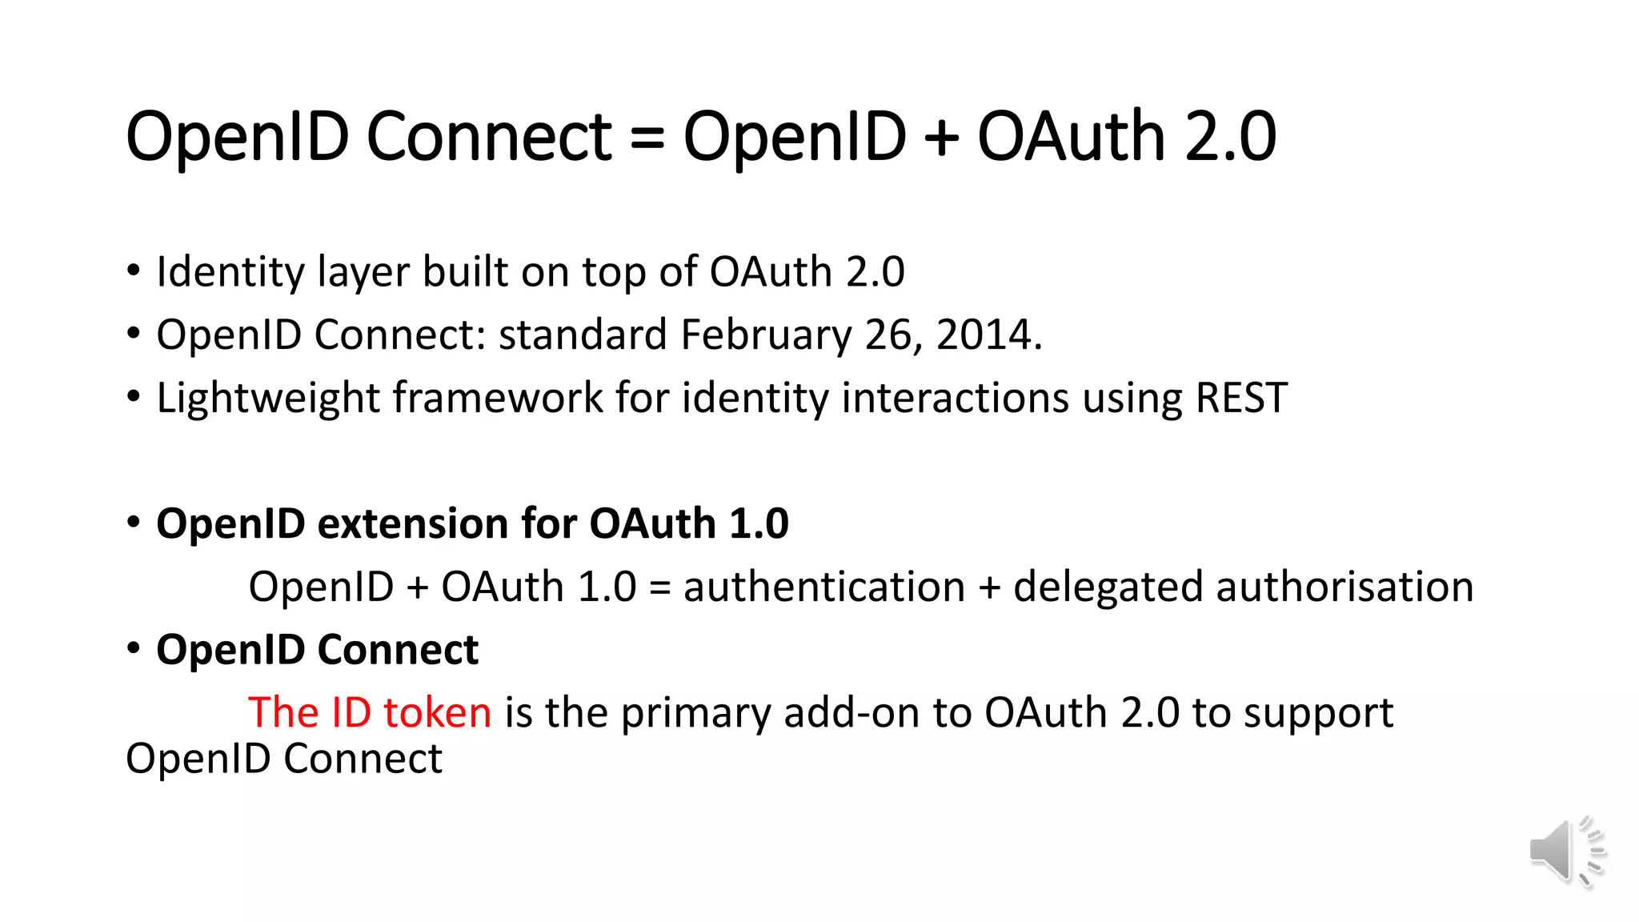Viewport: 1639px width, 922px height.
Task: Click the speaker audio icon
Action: tap(1566, 852)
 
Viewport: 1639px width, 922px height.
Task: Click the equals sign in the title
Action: tap(647, 137)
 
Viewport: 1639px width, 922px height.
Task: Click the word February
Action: tap(766, 335)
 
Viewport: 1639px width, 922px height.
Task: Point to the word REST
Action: tap(1241, 398)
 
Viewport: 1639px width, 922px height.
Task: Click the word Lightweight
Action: tap(268, 398)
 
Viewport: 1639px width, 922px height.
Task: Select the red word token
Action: tap(437, 712)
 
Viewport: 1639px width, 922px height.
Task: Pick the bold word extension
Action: tap(413, 524)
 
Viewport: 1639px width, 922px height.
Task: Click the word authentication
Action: tap(824, 587)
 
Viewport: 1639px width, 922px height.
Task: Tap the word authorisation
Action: tap(1344, 587)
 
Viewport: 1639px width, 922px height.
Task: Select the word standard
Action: tap(583, 335)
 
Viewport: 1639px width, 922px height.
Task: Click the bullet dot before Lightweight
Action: tap(134, 395)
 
